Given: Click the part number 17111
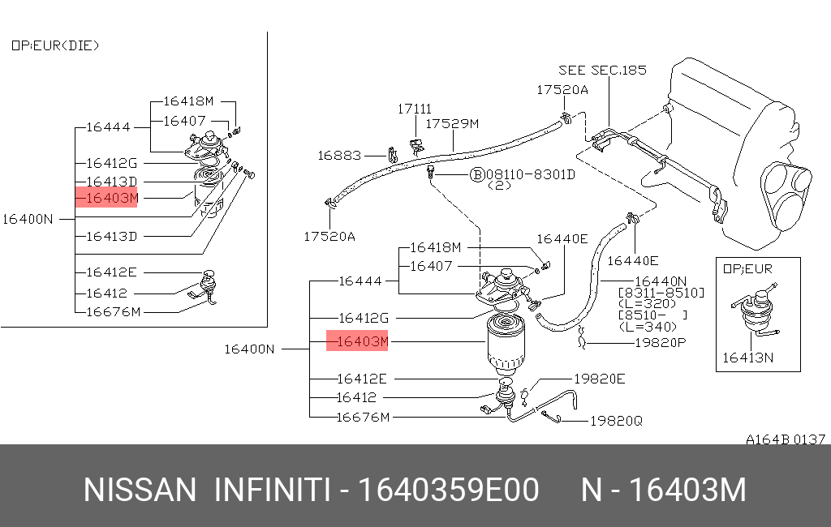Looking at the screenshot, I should [414, 109].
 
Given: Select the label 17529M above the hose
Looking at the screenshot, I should [453, 124].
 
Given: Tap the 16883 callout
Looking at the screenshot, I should [338, 155].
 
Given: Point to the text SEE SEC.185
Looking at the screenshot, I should [602, 70].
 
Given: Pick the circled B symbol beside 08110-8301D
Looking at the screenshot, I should [476, 174].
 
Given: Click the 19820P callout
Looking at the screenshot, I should [659, 343].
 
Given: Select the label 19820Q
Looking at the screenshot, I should [615, 421].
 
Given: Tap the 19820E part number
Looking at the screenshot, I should [600, 378].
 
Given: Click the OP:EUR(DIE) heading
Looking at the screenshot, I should [55, 45].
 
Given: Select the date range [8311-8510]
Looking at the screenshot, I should [661, 292].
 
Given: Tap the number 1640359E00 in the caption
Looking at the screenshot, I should [448, 491].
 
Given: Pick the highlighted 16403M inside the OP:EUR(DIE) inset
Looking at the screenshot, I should [107, 197].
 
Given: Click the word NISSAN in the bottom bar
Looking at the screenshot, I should [140, 491].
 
